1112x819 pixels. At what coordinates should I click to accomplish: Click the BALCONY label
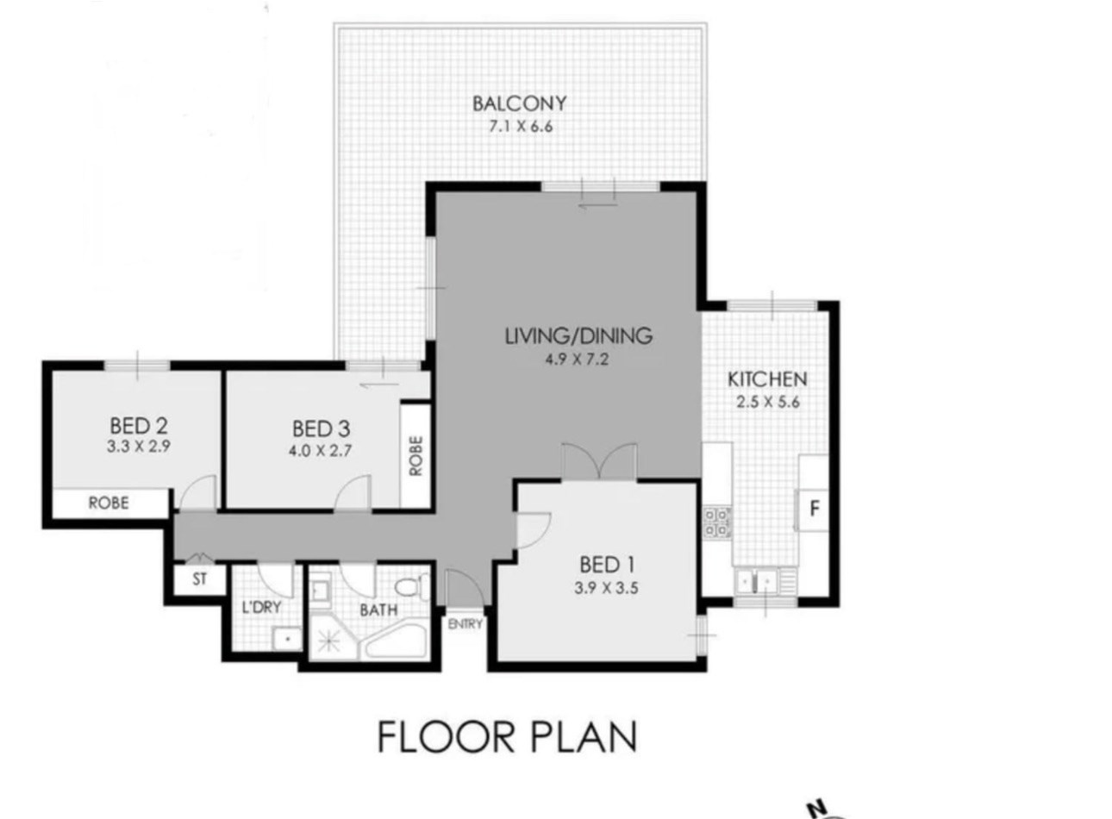[519, 103]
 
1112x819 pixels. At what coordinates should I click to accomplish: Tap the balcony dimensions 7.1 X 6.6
[521, 127]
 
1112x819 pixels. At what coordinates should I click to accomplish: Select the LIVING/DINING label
[578, 336]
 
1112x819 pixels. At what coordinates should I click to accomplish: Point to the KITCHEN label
[767, 379]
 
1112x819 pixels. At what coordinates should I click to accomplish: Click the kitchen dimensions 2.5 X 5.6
[768, 402]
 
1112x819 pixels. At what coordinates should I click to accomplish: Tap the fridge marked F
[814, 509]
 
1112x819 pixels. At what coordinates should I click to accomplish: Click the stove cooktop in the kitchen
[717, 522]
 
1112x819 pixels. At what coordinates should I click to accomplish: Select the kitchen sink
[757, 581]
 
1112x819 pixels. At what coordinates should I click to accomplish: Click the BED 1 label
[607, 565]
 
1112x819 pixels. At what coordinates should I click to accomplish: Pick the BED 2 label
[139, 426]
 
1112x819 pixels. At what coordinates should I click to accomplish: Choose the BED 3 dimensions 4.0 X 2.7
[320, 451]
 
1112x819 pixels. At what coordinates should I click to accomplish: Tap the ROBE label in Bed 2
[109, 503]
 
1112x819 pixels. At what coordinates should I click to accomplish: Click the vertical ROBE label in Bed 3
[415, 456]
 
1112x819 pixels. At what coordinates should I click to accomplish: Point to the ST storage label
[200, 578]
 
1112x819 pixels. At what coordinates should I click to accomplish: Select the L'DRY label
[261, 607]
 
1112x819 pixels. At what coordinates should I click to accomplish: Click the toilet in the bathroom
[412, 587]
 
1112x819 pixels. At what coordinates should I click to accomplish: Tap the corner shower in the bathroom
[329, 640]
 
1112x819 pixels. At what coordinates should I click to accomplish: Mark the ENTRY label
[465, 624]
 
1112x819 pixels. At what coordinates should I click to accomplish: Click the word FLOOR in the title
[447, 738]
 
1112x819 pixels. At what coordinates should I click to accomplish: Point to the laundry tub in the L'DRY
[287, 639]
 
